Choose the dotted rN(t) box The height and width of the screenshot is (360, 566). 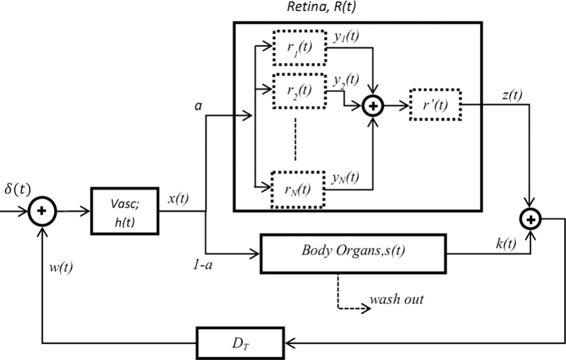297,190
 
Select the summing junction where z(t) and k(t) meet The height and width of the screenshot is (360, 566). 531,220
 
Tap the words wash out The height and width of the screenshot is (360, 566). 396,299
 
